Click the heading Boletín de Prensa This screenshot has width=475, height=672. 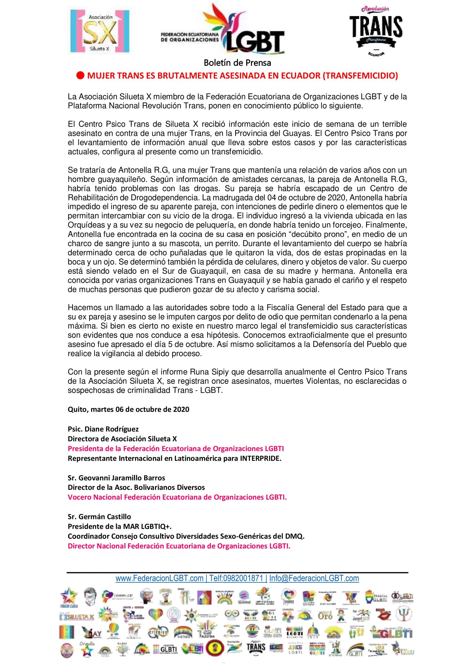coord(237,63)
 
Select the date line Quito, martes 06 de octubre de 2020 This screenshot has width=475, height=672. coord(128,409)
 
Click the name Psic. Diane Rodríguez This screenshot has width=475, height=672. coord(103,429)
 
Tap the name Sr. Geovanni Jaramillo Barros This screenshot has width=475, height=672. coord(116,478)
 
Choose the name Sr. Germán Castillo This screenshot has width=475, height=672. coord(99,517)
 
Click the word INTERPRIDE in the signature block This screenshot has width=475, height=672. coord(260,458)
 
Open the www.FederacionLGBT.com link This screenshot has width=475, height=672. coord(159,578)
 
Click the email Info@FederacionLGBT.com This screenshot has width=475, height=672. coord(314,578)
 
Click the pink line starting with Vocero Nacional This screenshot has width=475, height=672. coord(177,497)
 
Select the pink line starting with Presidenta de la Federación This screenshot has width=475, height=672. coord(176,449)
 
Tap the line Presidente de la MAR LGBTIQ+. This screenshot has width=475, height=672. coord(120,526)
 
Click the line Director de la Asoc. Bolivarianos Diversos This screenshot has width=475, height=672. coord(136,488)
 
